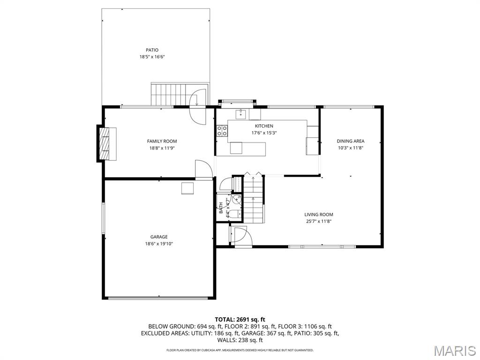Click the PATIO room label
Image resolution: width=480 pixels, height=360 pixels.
pyautogui.click(x=151, y=50)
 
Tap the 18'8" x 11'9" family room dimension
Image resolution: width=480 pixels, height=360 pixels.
pyautogui.click(x=162, y=148)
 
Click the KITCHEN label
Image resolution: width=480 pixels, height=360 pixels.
pyautogui.click(x=263, y=126)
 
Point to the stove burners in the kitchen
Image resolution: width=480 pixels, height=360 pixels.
pyautogui.click(x=222, y=131)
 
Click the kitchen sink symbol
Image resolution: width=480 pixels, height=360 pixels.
pyautogui.click(x=241, y=113)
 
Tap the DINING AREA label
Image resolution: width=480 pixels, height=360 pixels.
pyautogui.click(x=350, y=141)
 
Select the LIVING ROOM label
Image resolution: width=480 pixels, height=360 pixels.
pyautogui.click(x=319, y=215)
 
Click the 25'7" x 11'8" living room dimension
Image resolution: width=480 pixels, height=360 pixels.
pyautogui.click(x=319, y=222)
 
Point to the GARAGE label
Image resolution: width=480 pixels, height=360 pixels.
pyautogui.click(x=159, y=237)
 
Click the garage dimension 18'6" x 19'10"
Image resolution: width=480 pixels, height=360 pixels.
pyautogui.click(x=159, y=244)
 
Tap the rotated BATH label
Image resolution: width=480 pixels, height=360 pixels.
pyautogui.click(x=221, y=208)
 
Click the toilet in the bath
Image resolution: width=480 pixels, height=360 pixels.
pyautogui.click(x=236, y=213)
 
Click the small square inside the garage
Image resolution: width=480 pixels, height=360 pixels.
pyautogui.click(x=188, y=188)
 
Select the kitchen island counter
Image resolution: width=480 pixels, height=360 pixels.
pyautogui.click(x=248, y=149)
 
